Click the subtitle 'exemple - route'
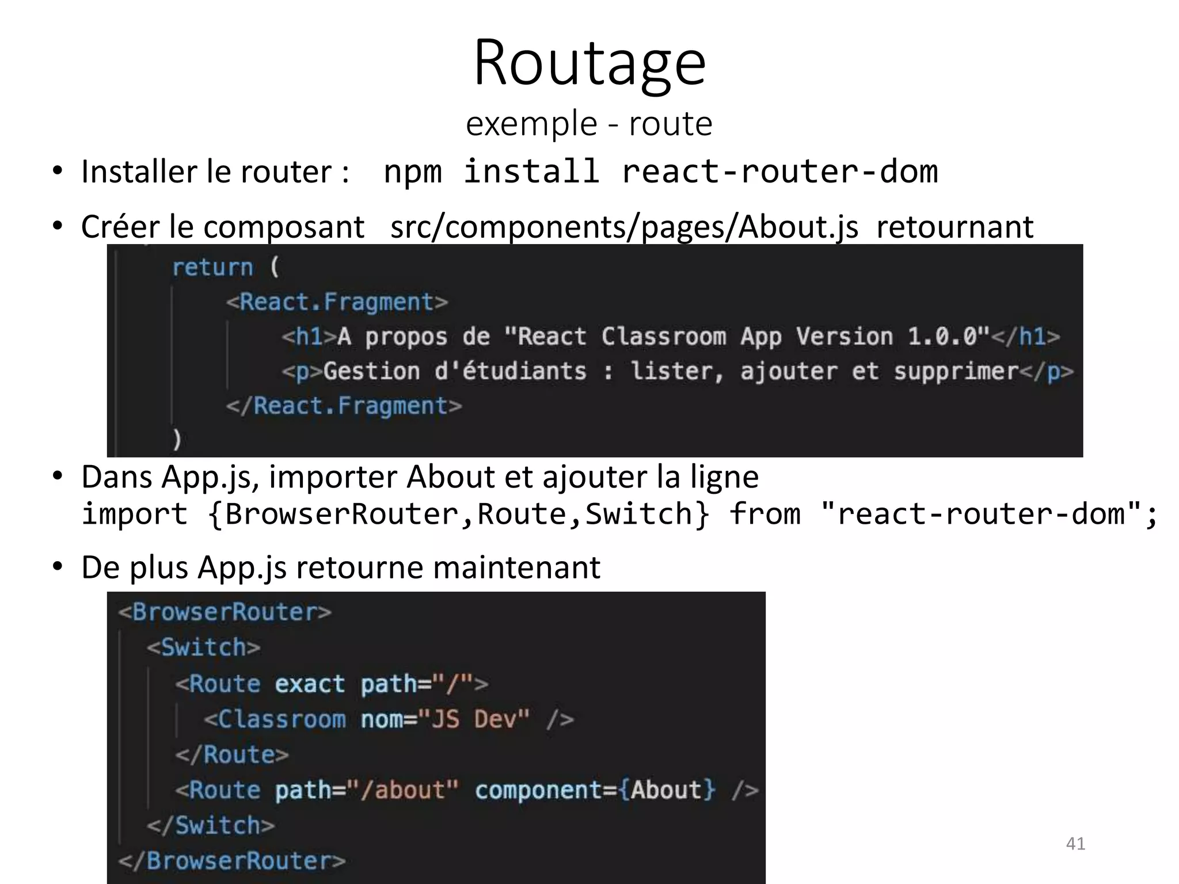pos(589,123)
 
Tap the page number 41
pos(1075,844)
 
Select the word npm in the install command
pos(412,172)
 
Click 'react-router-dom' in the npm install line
pos(779,172)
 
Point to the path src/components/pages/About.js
pos(624,227)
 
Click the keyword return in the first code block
pos(212,268)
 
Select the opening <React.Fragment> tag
pos(337,302)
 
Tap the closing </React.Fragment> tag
pos(344,406)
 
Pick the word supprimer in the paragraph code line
pos(956,371)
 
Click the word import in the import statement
pos(135,513)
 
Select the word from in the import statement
pos(765,513)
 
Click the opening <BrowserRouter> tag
pos(225,612)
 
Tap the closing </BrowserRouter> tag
pos(231,860)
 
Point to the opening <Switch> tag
pos(203,647)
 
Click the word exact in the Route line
pos(310,684)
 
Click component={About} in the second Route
pos(595,790)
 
